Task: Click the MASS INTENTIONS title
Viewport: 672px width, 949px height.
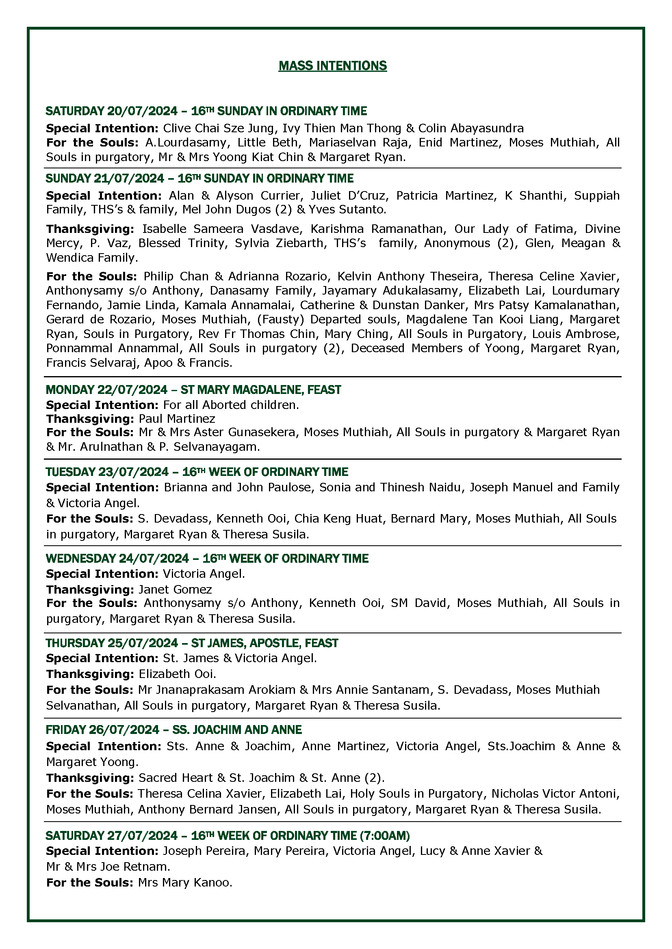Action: click(332, 66)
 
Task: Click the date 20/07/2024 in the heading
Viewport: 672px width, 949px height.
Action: click(142, 111)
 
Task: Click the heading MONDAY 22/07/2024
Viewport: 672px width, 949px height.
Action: click(106, 390)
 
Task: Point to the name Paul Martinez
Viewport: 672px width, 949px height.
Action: click(177, 419)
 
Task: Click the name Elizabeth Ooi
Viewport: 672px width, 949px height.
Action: click(177, 674)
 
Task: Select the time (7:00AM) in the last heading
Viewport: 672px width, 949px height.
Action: click(385, 836)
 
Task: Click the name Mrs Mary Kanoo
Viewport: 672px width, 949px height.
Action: click(185, 883)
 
